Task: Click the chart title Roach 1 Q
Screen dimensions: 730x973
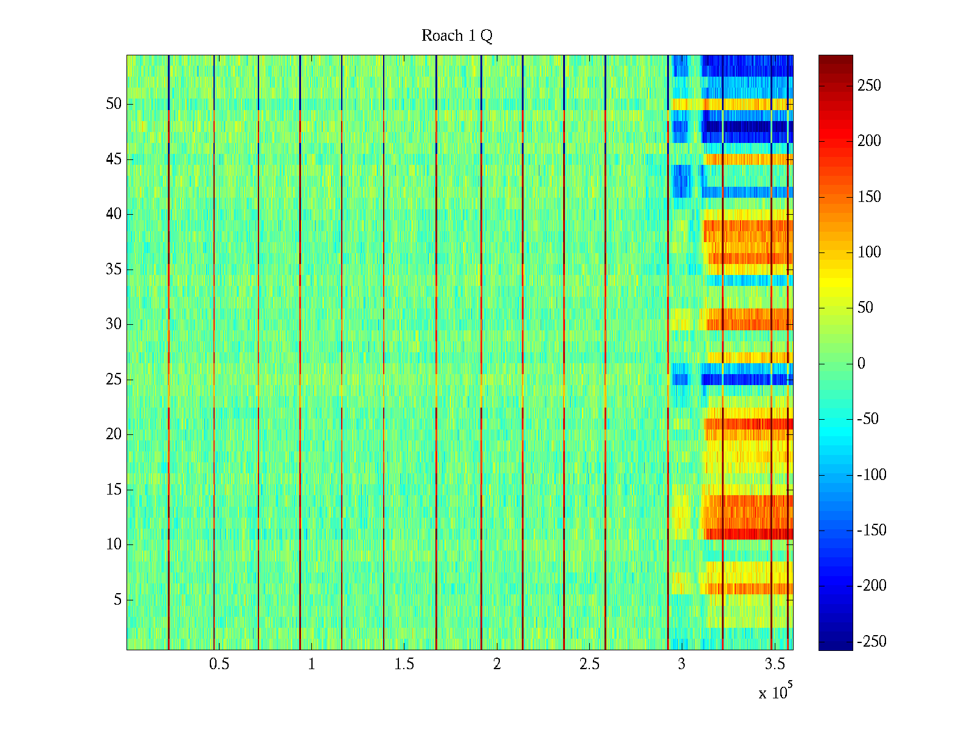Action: [x=457, y=36]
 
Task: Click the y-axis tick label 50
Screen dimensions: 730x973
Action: [x=114, y=104]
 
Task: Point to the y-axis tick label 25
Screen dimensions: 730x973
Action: [x=114, y=380]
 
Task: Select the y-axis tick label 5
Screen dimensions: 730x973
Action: [x=117, y=600]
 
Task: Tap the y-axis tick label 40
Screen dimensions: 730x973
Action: [x=114, y=214]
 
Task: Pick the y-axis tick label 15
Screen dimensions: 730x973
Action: [x=114, y=490]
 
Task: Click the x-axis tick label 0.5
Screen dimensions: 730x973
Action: [x=219, y=664]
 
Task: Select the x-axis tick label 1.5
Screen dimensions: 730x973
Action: [x=404, y=664]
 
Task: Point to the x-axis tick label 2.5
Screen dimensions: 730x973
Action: [x=589, y=664]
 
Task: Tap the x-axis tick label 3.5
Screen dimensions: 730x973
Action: [x=774, y=664]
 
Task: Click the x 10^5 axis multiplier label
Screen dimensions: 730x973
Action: [x=775, y=692]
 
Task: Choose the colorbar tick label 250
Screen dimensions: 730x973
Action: [x=869, y=86]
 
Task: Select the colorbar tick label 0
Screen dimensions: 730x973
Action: [x=861, y=364]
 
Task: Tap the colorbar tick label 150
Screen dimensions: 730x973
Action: [x=869, y=197]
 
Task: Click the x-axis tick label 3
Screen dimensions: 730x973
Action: [x=682, y=664]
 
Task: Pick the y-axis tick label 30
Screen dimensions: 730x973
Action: [x=114, y=324]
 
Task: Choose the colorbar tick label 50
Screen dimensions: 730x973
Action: [x=865, y=308]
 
